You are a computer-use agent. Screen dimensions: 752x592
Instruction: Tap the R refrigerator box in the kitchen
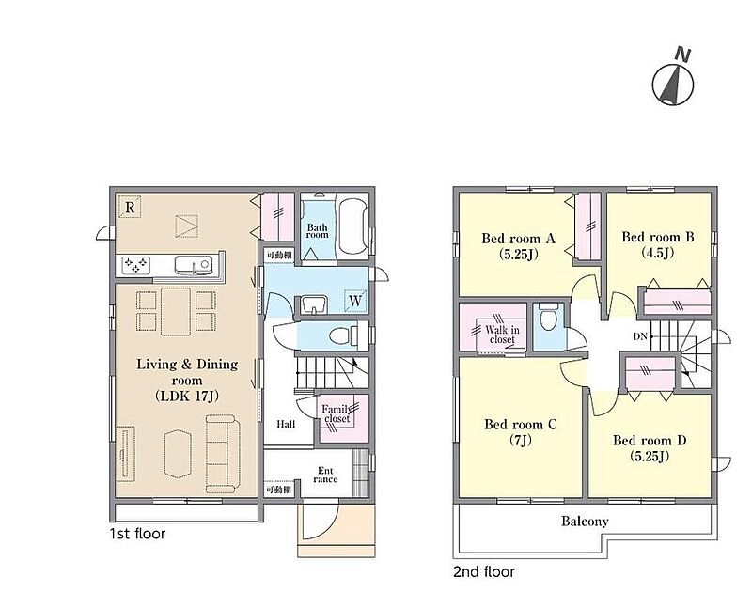pos(130,207)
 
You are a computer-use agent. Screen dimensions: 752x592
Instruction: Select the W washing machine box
pos(355,301)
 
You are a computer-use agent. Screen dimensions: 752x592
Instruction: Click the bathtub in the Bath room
pos(353,226)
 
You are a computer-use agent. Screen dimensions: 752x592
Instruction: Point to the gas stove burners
pos(135,265)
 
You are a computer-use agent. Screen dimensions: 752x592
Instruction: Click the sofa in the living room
pos(223,454)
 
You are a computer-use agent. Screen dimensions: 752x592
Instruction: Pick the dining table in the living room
pos(176,312)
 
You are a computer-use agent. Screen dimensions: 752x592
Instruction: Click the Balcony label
pos(585,522)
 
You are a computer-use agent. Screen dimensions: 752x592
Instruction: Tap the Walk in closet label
pos(502,335)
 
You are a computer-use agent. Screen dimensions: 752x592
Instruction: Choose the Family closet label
pos(337,413)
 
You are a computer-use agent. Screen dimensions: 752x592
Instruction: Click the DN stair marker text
pos(640,336)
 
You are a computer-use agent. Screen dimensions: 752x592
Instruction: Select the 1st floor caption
pos(137,534)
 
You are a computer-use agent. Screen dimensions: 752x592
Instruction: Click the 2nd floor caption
pos(484,571)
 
